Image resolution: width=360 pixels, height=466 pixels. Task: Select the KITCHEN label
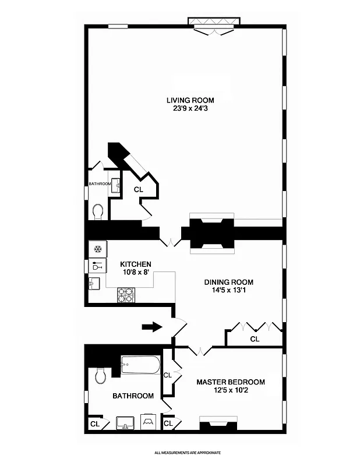136,264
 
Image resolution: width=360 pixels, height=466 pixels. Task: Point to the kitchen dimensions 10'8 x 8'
136,273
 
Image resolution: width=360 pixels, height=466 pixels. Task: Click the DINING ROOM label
228,283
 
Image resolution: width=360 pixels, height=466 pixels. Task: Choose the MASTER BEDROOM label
230,382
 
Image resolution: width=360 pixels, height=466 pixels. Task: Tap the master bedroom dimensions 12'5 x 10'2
230,391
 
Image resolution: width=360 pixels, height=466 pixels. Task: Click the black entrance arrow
152,327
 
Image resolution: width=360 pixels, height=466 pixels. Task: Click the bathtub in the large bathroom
140,365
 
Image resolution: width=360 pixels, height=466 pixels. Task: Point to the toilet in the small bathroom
98,211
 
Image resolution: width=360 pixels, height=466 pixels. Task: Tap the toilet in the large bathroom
100,375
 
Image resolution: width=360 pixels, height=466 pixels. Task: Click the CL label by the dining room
255,339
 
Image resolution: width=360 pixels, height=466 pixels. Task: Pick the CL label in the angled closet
139,189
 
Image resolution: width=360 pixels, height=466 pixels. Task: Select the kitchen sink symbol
95,284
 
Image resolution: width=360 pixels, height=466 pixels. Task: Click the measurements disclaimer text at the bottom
187,452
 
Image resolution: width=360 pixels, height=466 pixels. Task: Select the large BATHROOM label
133,396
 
